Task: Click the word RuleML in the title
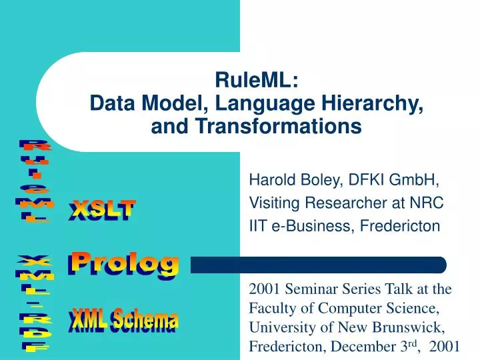[257, 81]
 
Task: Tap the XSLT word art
[102, 211]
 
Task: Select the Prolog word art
[125, 264]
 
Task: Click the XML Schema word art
[123, 321]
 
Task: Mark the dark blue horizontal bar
[319, 265]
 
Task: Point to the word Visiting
[270, 203]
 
